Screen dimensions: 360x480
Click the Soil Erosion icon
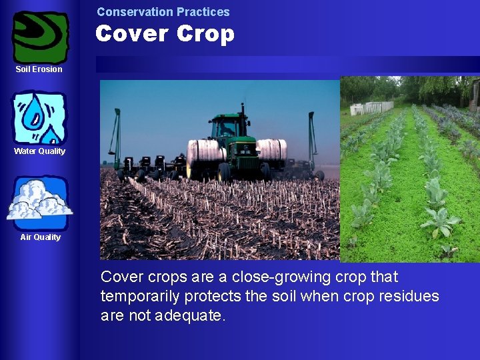[41, 36]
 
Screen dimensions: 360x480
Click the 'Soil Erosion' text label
[39, 69]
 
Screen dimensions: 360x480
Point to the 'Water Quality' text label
[39, 151]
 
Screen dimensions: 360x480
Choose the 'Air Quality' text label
[40, 237]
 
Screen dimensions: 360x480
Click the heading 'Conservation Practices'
[163, 12]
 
